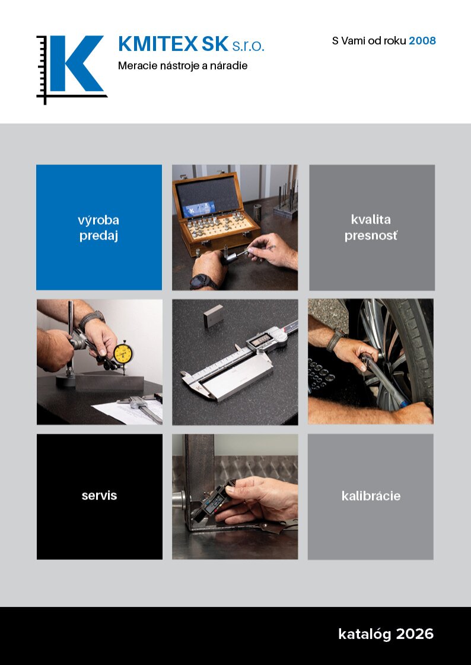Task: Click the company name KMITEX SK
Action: coord(173,44)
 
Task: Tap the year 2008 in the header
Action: coord(422,41)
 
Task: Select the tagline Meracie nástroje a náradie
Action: coord(183,66)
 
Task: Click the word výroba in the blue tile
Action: coord(98,220)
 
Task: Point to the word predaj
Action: coord(98,236)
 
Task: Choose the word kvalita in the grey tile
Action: coord(371,219)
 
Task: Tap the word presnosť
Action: coord(371,235)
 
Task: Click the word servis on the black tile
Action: coord(99,495)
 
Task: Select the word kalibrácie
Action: coord(371,495)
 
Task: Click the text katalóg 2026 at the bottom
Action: coord(386,634)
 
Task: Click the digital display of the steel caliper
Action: coord(260,339)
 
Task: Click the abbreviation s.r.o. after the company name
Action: coord(248,46)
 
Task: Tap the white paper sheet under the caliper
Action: coord(128,411)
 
